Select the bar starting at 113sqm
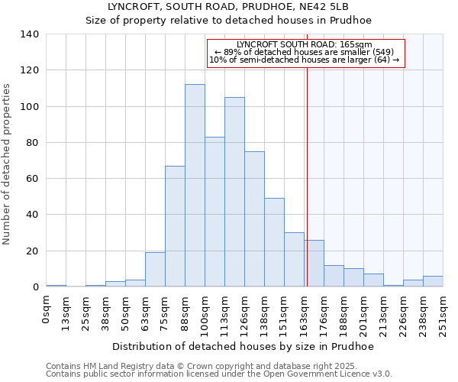click(234, 192)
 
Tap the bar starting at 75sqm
click(175, 226)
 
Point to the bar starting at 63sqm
click(155, 270)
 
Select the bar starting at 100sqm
click(214, 212)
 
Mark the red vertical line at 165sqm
click(307, 176)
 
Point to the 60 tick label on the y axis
click(32, 179)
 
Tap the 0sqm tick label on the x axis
click(47, 309)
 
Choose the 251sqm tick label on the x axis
click(443, 313)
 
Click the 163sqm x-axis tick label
click(305, 313)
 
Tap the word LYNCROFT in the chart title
click(134, 6)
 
